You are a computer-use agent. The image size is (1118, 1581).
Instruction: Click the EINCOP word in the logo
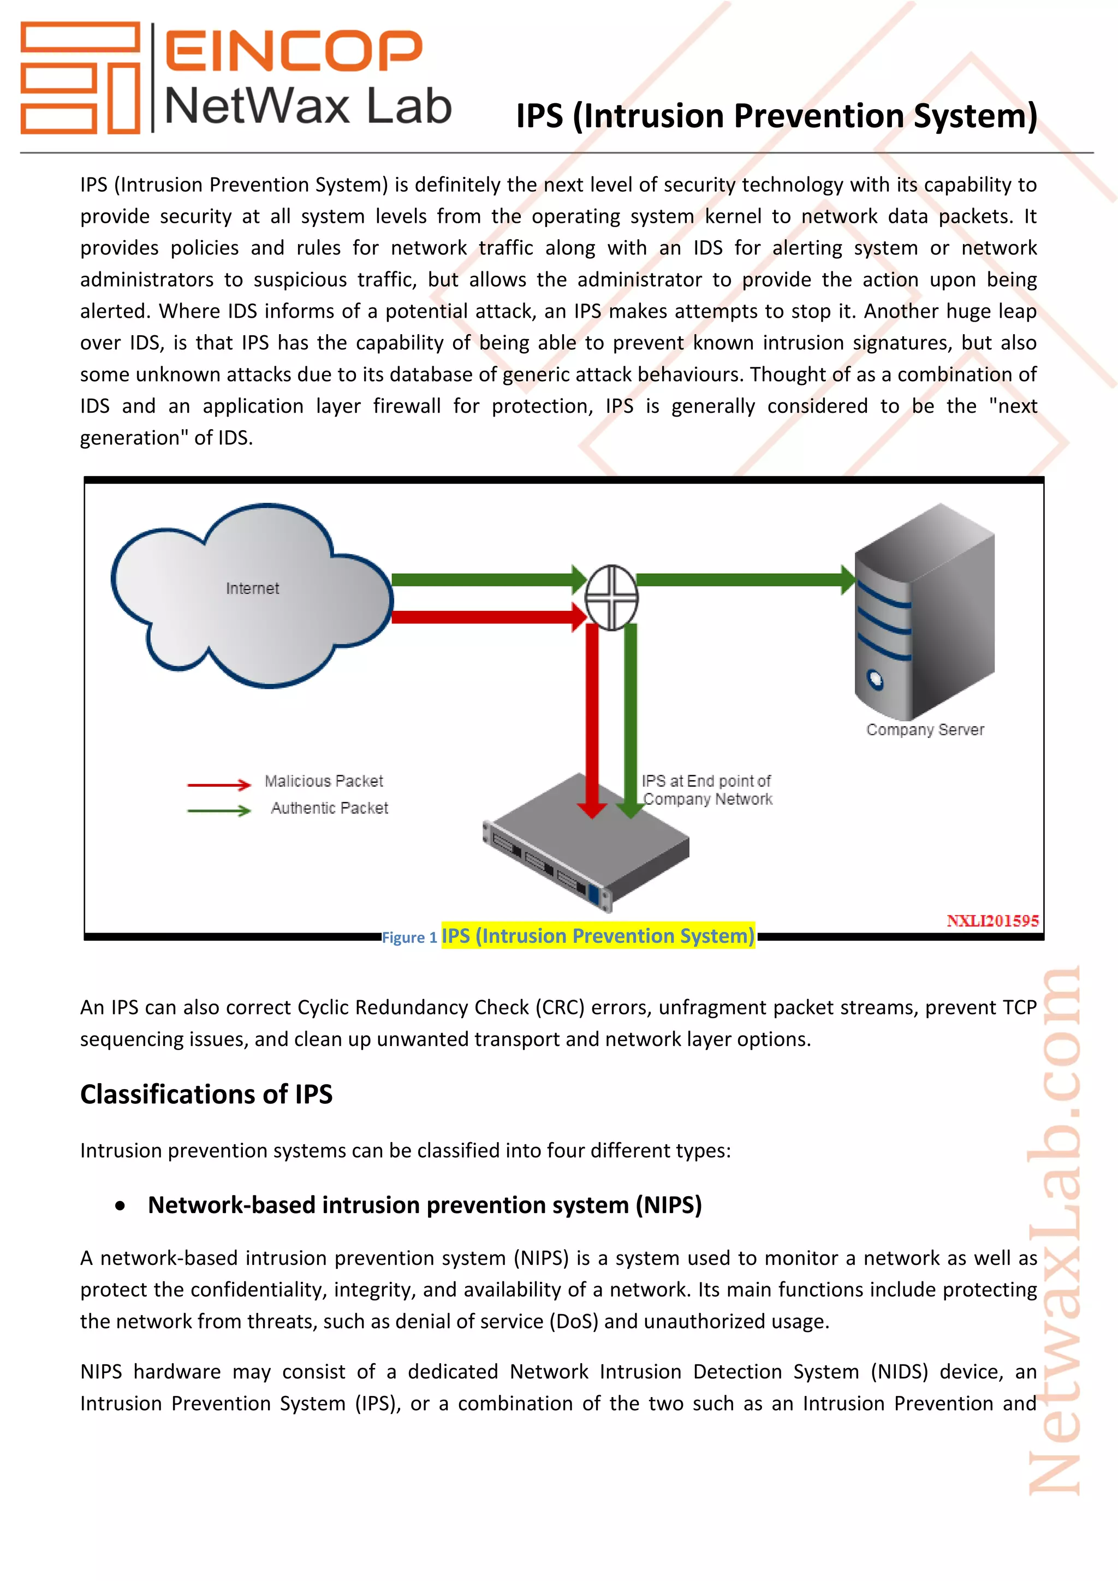point(293,50)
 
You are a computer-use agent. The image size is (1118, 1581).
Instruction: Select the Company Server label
point(925,730)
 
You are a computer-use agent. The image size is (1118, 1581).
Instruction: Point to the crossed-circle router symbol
point(611,598)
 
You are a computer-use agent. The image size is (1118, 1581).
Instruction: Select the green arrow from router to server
point(744,579)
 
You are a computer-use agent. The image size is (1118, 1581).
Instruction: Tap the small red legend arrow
point(219,784)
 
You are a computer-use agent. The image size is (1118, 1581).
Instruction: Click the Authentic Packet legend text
point(329,808)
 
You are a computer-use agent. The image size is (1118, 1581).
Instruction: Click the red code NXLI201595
point(992,922)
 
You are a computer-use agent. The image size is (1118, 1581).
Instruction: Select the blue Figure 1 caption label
point(409,938)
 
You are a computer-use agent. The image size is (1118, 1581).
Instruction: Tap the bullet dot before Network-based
point(121,1206)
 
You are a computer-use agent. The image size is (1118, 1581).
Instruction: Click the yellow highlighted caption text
point(598,936)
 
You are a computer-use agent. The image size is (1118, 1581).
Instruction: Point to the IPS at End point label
point(707,790)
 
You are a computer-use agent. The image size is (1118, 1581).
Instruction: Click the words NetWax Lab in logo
point(308,107)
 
